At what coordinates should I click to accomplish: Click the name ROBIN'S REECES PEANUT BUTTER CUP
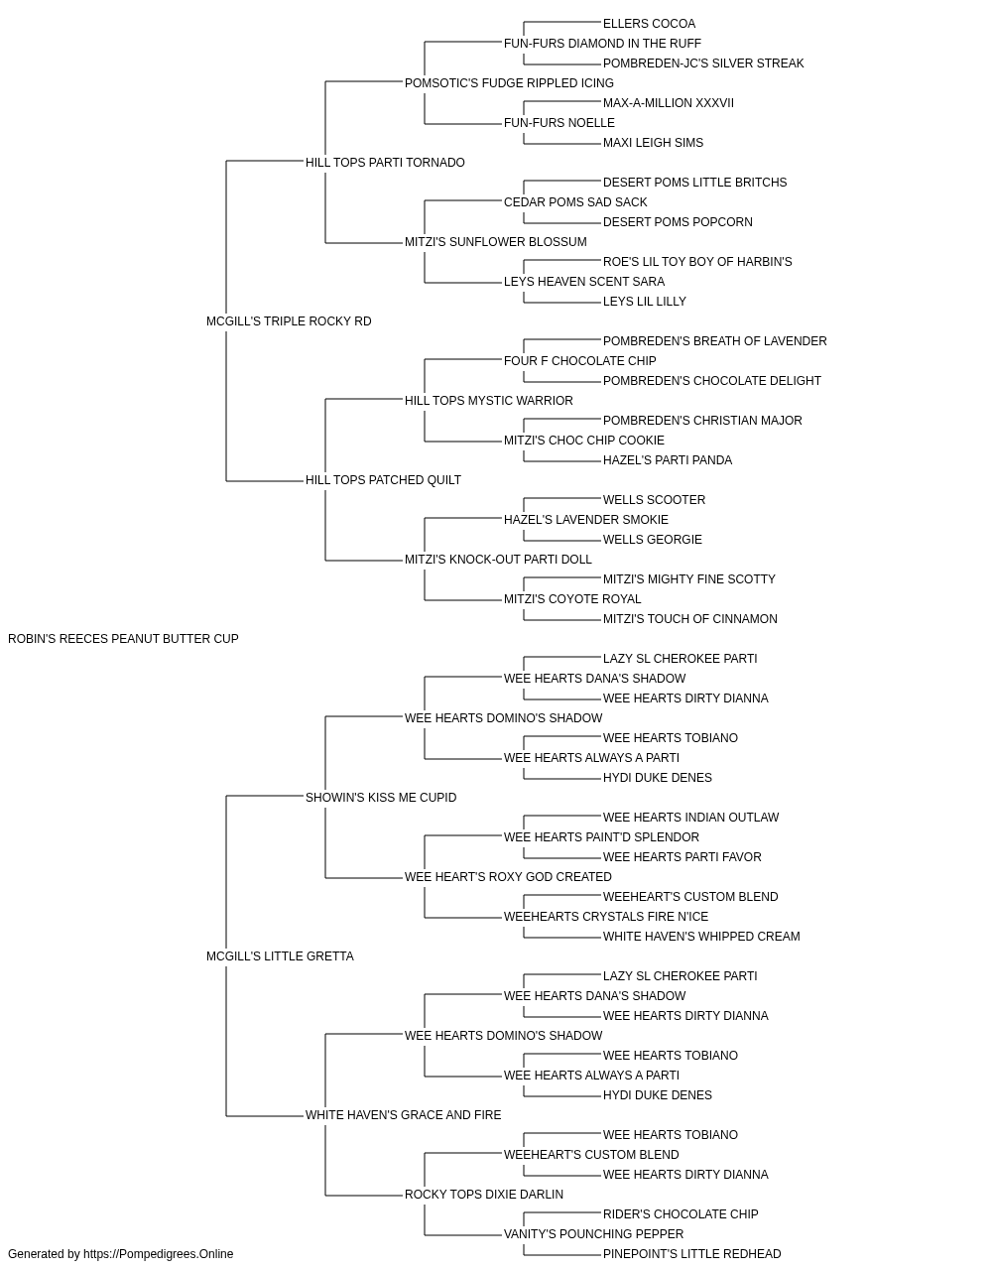click(x=123, y=639)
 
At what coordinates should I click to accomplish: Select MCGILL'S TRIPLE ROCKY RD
click(x=289, y=321)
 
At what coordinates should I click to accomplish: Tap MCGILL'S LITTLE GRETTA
click(x=280, y=956)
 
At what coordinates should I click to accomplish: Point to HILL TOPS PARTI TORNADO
click(x=385, y=163)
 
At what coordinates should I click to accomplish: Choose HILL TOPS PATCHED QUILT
click(x=383, y=480)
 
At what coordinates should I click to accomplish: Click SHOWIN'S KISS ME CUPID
click(x=381, y=797)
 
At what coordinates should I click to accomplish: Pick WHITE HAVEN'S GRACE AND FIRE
click(x=403, y=1114)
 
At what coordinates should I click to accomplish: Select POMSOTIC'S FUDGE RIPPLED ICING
click(x=510, y=83)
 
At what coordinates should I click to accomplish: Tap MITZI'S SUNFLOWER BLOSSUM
click(x=496, y=242)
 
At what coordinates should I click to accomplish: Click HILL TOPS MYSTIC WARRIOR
click(x=489, y=400)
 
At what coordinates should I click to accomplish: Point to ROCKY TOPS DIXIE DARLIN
click(x=484, y=1194)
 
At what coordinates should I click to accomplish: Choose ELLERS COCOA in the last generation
click(x=649, y=24)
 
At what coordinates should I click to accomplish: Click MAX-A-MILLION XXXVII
click(x=669, y=103)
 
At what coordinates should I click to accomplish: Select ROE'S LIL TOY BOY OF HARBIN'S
click(x=697, y=262)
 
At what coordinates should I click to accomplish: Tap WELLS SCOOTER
click(x=655, y=500)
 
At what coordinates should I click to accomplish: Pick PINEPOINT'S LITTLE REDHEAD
click(x=692, y=1254)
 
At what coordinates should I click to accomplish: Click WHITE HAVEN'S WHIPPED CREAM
click(x=701, y=937)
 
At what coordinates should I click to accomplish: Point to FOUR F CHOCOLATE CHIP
click(x=580, y=360)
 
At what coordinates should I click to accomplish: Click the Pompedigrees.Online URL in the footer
click(x=159, y=1254)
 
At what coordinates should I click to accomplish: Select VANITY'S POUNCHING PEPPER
click(x=593, y=1233)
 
